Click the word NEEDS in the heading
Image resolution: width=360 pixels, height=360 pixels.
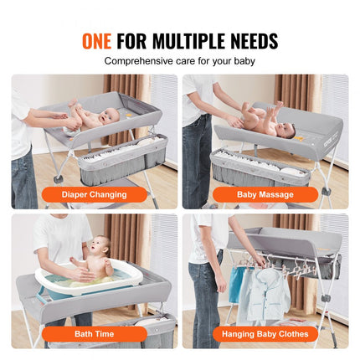(x=250, y=40)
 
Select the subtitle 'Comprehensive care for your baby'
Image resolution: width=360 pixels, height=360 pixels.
(x=179, y=61)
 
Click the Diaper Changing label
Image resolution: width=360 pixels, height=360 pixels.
(x=95, y=194)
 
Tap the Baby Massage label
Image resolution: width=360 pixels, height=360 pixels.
(x=265, y=194)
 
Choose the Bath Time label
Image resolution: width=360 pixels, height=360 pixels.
(x=95, y=332)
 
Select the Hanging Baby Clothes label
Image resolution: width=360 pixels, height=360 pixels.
(x=265, y=332)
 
